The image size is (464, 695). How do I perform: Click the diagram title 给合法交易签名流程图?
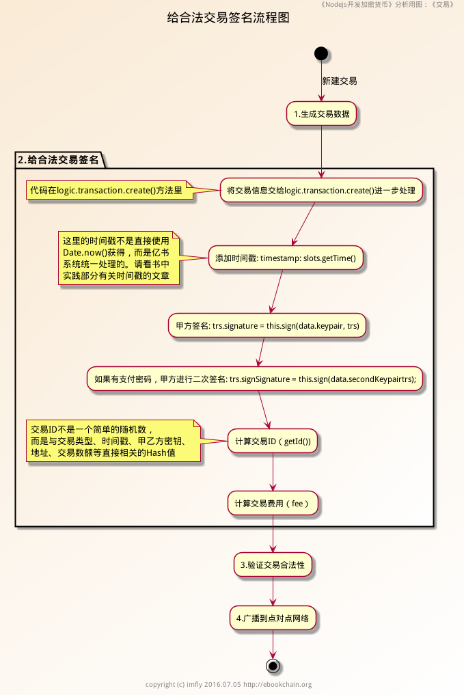point(228,18)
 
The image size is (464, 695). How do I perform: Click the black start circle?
point(321,53)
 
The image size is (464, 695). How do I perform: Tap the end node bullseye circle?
point(273,665)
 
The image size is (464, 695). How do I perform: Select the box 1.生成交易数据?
point(321,113)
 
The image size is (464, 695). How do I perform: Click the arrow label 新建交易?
point(339,81)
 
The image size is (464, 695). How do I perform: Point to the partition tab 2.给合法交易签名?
point(58,161)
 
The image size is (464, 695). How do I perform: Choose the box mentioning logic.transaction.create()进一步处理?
point(321,191)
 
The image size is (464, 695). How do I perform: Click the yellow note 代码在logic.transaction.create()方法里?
point(106,191)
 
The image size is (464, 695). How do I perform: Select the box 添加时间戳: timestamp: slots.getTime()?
point(286,258)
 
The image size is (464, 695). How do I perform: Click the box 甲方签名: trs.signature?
point(268,326)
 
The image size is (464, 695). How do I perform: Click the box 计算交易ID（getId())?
point(273,441)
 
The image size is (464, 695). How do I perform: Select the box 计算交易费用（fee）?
point(273,504)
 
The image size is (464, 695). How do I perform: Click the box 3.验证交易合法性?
point(273,565)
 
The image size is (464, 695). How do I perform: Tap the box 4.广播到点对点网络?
point(273,618)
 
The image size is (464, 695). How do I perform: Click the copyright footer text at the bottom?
point(228,685)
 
